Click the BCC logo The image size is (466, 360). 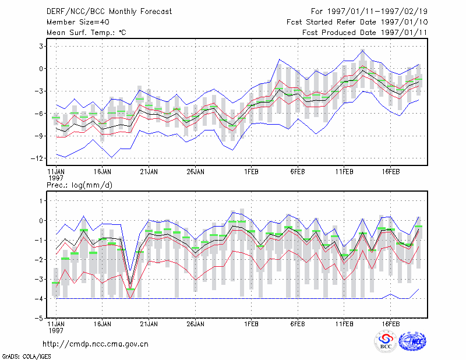click(x=386, y=341)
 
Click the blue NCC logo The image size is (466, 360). click(x=412, y=341)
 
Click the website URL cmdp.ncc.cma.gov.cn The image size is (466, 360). click(x=96, y=344)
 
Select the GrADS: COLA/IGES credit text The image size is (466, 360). click(x=27, y=357)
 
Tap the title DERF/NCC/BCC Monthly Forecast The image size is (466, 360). click(x=109, y=12)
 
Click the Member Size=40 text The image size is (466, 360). click(x=78, y=22)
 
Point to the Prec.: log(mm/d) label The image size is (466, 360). click(x=79, y=185)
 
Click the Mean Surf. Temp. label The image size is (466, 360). click(x=86, y=33)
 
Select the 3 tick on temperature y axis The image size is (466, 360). click(x=41, y=47)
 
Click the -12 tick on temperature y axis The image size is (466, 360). click(x=37, y=158)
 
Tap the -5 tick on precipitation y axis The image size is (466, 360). click(x=39, y=318)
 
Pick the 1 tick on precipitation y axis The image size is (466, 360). click(x=41, y=201)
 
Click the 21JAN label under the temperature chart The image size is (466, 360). click(x=149, y=172)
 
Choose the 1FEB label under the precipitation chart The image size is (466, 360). click(x=252, y=324)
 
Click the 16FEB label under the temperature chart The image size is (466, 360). click(x=391, y=172)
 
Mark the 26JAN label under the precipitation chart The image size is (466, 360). click(x=196, y=324)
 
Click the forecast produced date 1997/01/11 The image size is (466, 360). click(x=404, y=33)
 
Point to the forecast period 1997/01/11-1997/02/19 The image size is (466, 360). click(x=377, y=12)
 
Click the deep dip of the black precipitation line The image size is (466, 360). click(x=130, y=285)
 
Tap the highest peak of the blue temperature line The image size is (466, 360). click(x=362, y=51)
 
